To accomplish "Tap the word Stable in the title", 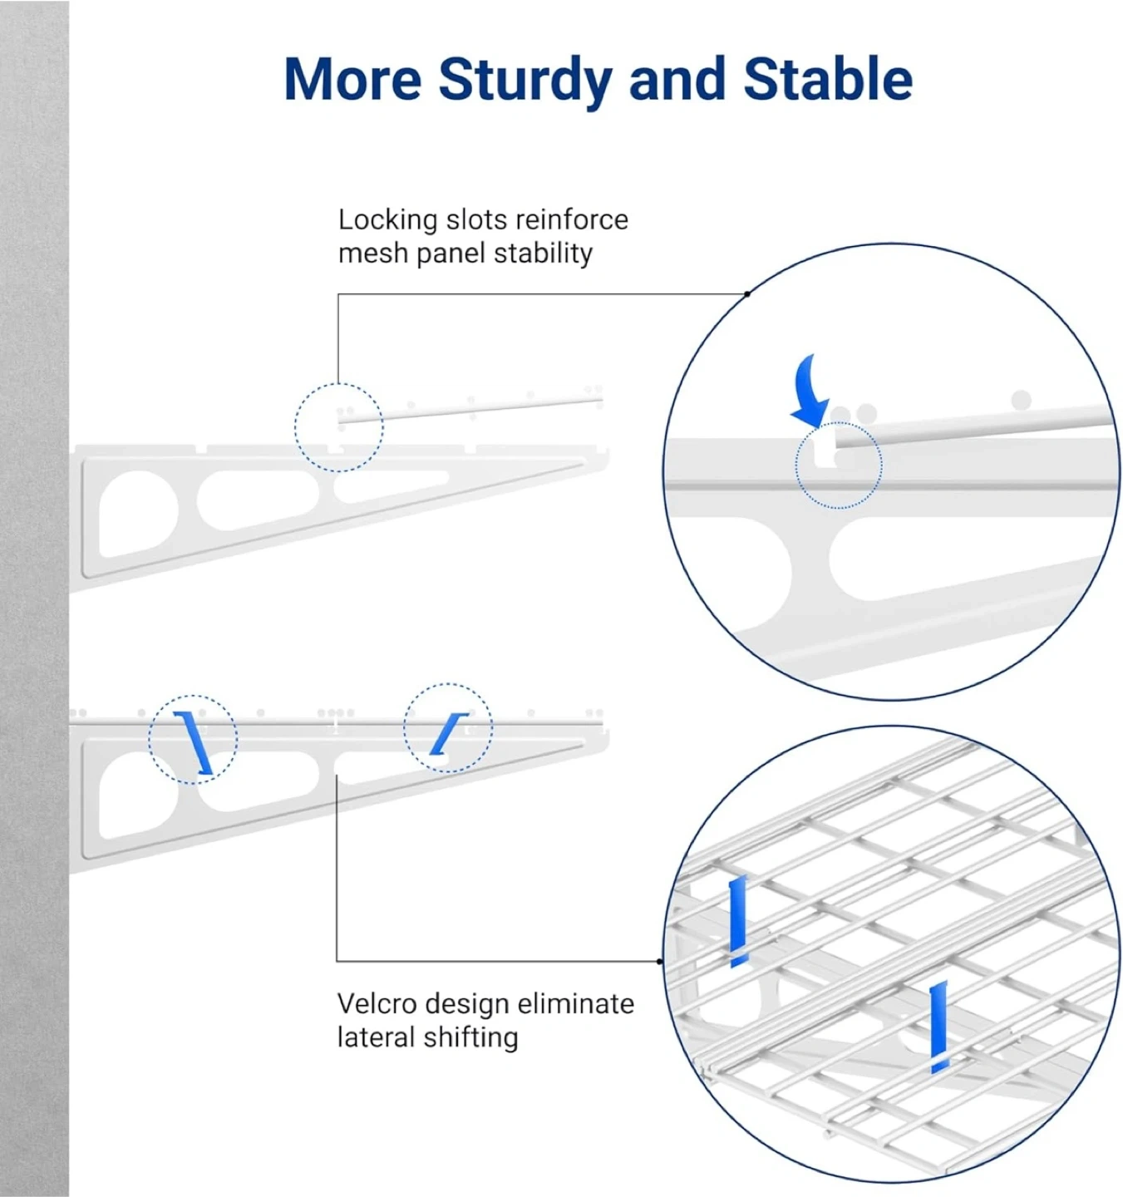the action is click(x=828, y=79).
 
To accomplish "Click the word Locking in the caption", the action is click(x=387, y=221).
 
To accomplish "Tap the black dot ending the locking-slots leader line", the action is click(x=746, y=294).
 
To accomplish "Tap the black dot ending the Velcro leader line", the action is click(x=659, y=961).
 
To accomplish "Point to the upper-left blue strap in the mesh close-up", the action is click(x=737, y=922).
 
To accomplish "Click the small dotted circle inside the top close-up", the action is click(x=839, y=422).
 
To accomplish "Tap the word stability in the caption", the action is click(x=543, y=254).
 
